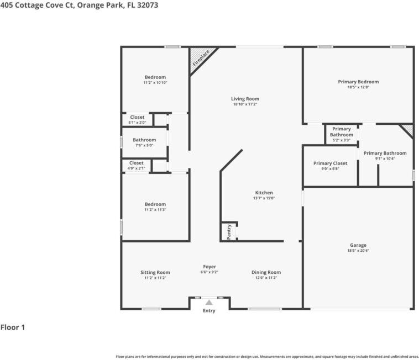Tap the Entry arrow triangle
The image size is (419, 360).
click(x=209, y=302)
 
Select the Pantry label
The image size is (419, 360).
click(x=229, y=232)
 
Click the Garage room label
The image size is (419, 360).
click(x=358, y=245)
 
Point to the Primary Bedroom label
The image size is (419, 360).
click(x=358, y=82)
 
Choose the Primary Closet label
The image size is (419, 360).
click(x=330, y=163)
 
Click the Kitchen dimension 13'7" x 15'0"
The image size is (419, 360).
click(x=264, y=198)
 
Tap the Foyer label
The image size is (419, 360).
click(x=209, y=267)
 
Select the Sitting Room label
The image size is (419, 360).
click(x=155, y=272)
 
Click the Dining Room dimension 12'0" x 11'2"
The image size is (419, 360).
click(x=266, y=278)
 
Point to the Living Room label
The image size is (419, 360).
click(x=245, y=99)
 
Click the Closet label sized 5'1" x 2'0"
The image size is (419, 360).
click(x=137, y=117)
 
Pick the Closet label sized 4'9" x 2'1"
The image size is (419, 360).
click(x=137, y=163)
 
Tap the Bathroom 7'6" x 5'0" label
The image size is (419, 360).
click(x=144, y=140)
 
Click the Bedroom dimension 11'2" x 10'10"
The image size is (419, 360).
click(x=155, y=83)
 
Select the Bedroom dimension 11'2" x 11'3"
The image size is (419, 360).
click(x=155, y=210)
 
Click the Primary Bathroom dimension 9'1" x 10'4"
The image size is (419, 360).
click(x=385, y=159)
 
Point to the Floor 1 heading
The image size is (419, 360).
click(x=13, y=327)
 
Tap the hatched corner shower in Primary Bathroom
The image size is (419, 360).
click(x=408, y=129)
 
